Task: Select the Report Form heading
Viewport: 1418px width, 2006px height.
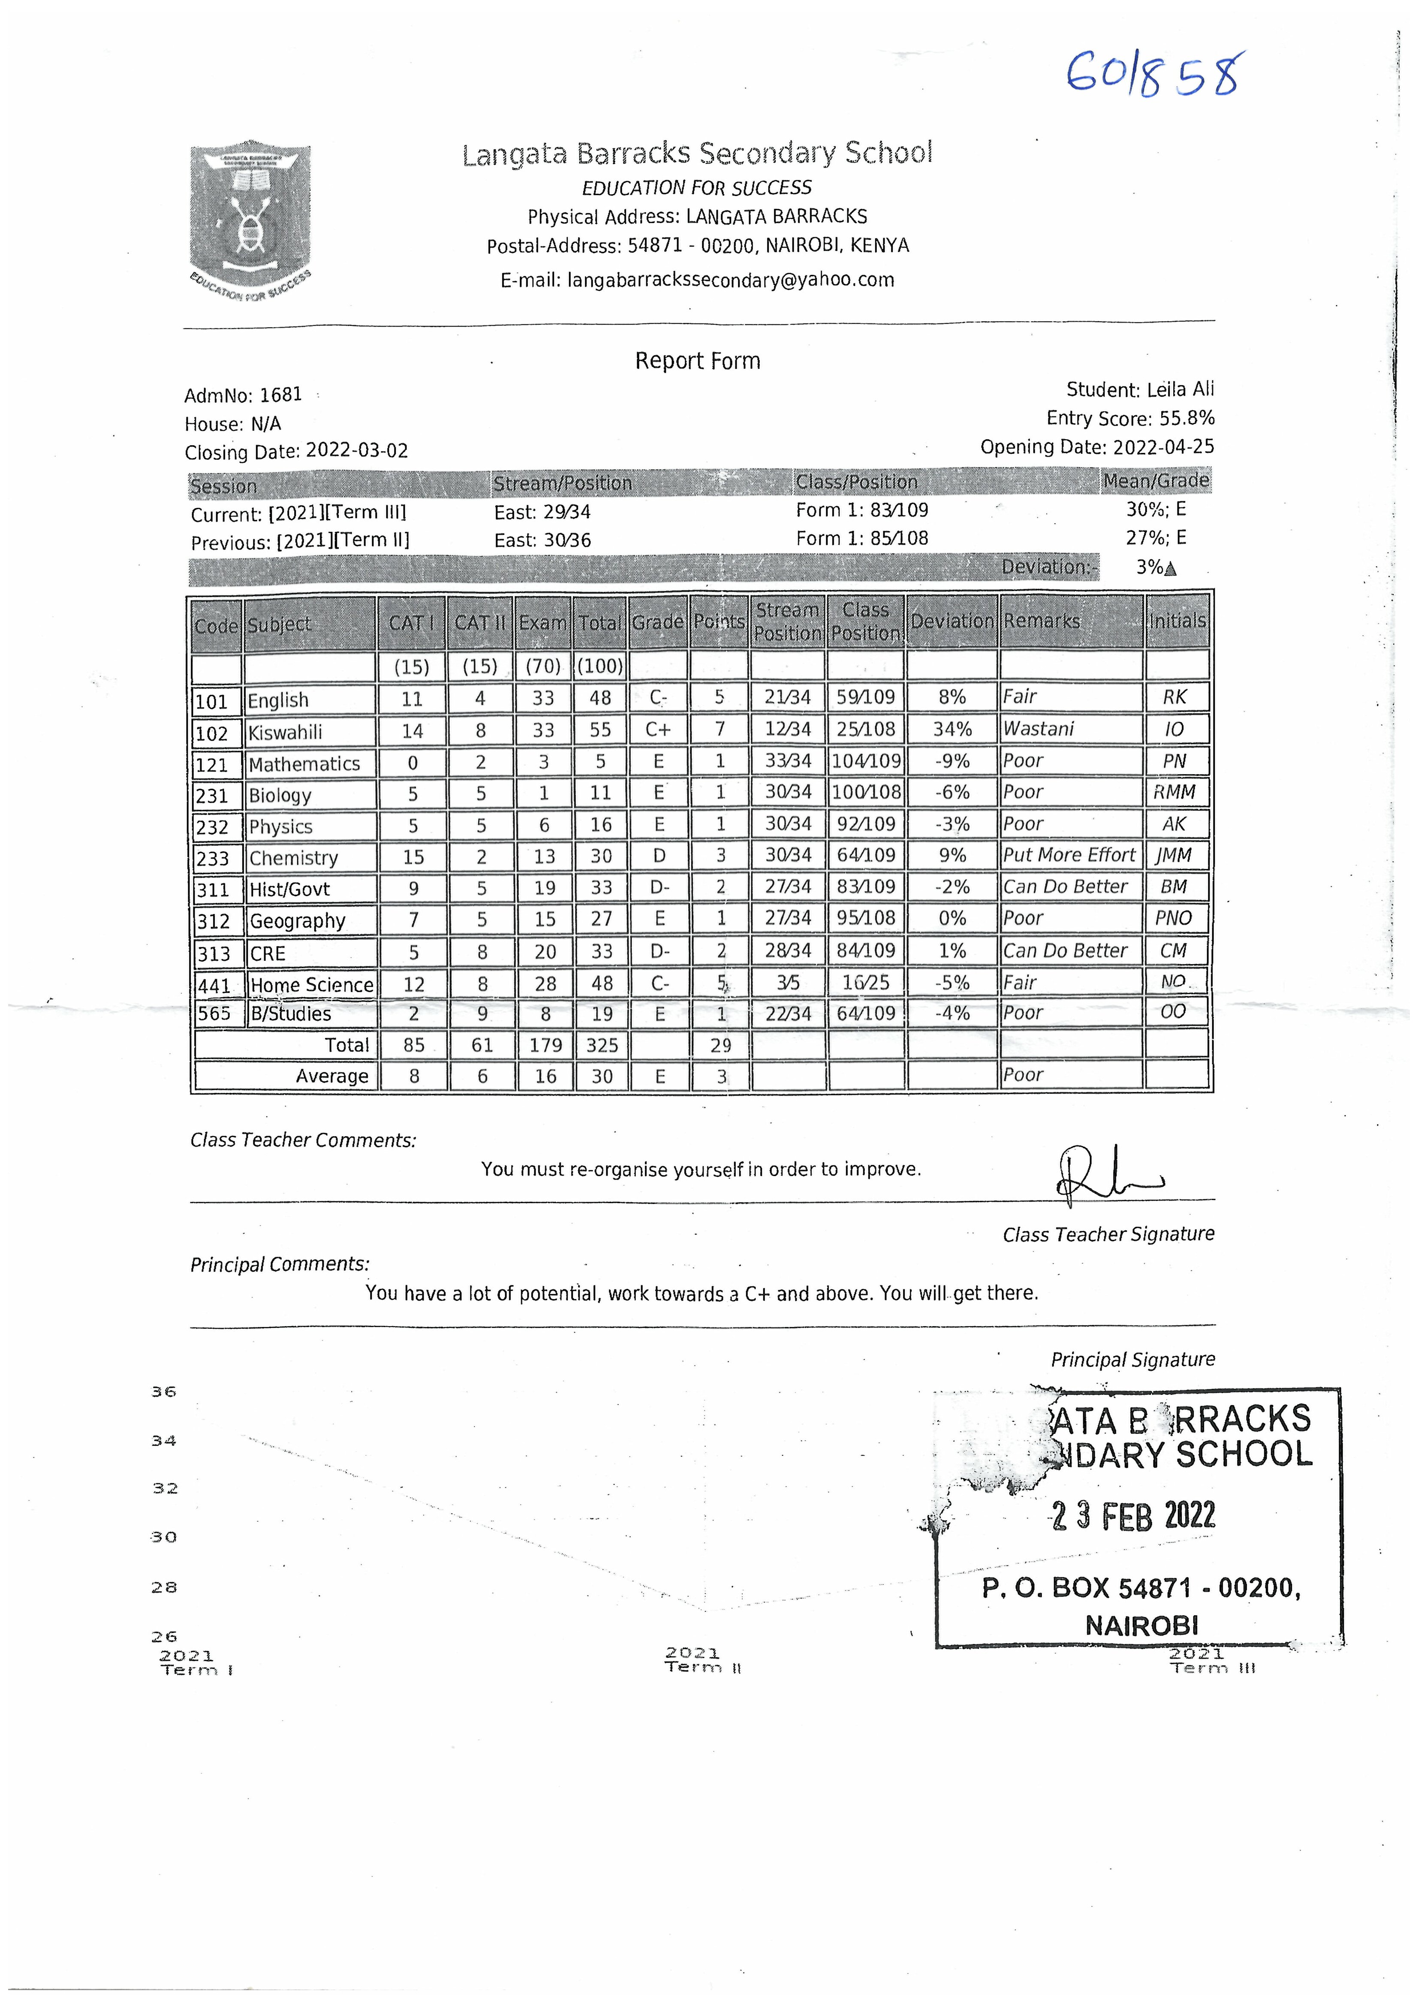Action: coord(697,361)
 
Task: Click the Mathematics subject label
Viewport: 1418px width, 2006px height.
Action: coord(304,764)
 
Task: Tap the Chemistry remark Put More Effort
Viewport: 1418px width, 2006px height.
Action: coord(1069,855)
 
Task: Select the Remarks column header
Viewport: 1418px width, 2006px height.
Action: coord(1042,621)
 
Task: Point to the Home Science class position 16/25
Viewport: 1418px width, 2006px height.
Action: coord(866,983)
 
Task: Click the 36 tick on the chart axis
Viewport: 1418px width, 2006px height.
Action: coord(164,1392)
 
